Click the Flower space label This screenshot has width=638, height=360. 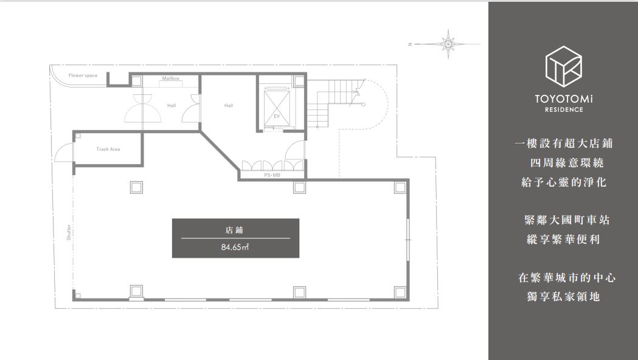click(x=83, y=75)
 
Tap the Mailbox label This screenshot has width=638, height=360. click(x=170, y=78)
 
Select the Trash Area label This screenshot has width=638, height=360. click(x=108, y=149)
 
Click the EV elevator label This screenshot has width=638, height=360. click(x=277, y=116)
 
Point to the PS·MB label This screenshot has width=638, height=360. click(x=272, y=175)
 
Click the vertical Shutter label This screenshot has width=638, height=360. click(x=69, y=232)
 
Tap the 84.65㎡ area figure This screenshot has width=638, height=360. click(x=235, y=247)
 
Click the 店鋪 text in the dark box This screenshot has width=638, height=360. click(x=234, y=230)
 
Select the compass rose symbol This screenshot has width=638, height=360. click(x=448, y=44)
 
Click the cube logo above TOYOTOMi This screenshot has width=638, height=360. click(x=564, y=66)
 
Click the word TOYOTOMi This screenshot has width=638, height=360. click(x=564, y=99)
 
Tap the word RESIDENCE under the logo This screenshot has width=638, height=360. click(x=564, y=109)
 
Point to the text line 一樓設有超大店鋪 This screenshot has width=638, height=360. click(x=564, y=144)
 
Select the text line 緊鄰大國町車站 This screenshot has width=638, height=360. click(x=567, y=221)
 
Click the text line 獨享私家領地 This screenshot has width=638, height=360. click(x=564, y=297)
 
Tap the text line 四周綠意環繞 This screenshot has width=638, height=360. click(x=567, y=163)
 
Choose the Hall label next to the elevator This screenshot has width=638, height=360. click(x=229, y=106)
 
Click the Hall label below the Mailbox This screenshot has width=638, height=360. click(x=172, y=106)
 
